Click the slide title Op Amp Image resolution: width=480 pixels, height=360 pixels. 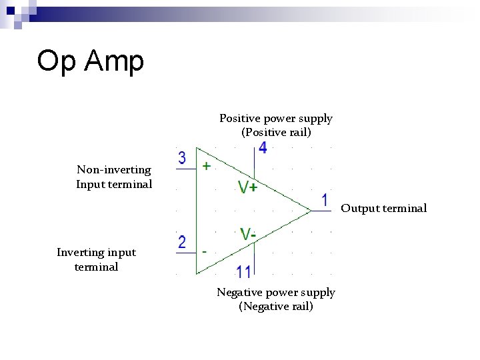pos(90,61)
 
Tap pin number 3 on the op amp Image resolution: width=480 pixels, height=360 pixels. pos(182,158)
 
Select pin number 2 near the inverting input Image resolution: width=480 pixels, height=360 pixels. pos(182,242)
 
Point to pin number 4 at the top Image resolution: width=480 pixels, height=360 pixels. pos(263,148)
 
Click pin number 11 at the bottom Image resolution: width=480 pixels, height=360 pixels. pos(243,272)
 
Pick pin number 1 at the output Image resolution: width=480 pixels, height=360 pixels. pos(325,200)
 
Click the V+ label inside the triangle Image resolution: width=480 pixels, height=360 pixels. pos(248,187)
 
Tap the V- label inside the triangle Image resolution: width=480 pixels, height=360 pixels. pos(248,234)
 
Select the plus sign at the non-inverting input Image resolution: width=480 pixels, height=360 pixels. pos(206,166)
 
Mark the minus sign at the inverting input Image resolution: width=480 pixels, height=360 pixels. pos(204,252)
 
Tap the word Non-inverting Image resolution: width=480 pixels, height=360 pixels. pos(114,170)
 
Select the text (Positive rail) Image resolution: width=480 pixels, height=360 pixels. pos(276,133)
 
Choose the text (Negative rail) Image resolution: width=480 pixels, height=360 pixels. pos(276,307)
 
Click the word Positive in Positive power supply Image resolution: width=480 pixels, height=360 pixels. pos(240,119)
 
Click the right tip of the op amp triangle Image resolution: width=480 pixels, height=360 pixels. pos(311,211)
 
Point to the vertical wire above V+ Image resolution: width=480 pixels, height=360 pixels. pos(254,163)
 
